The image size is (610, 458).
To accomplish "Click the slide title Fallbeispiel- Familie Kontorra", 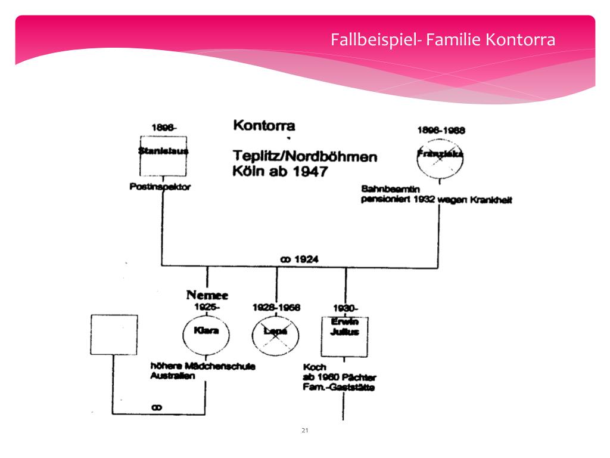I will pyautogui.click(x=443, y=41).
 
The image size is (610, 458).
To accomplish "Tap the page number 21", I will pyautogui.click(x=304, y=430).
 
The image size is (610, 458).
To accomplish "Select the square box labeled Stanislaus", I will pyautogui.click(x=163, y=156).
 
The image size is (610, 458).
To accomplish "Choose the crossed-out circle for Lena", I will pyautogui.click(x=276, y=335).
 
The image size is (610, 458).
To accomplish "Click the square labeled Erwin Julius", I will pyautogui.click(x=344, y=335).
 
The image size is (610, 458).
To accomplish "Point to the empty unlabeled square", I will pyautogui.click(x=113, y=335).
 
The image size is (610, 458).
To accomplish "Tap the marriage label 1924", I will pyautogui.click(x=299, y=259).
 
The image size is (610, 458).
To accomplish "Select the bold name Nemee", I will pyautogui.click(x=207, y=295).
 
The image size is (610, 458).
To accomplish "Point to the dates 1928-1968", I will pyautogui.click(x=276, y=307).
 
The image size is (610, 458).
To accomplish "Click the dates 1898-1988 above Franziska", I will pyautogui.click(x=440, y=129).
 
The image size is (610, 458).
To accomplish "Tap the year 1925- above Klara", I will pyautogui.click(x=207, y=307).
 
